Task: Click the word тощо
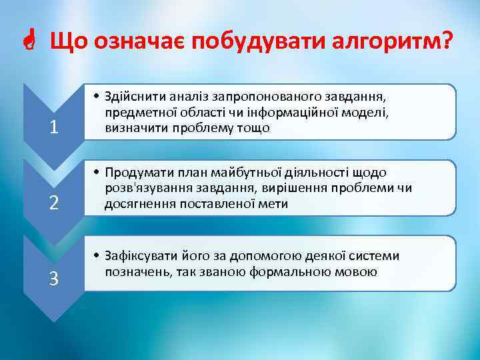[x=256, y=128]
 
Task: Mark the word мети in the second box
[x=273, y=204]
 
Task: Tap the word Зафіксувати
[x=141, y=256]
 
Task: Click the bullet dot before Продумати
[x=97, y=173]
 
